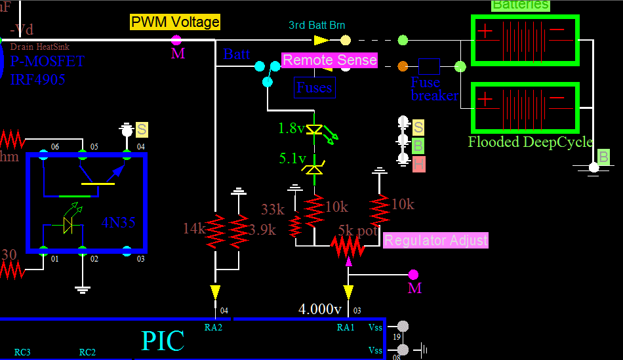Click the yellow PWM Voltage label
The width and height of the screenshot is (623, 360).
click(x=175, y=22)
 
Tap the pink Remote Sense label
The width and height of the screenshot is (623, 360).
click(x=330, y=60)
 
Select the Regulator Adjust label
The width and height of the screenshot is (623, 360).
click(x=435, y=240)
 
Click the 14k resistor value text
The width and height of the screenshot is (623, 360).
click(x=195, y=228)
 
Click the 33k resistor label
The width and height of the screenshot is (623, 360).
click(x=273, y=209)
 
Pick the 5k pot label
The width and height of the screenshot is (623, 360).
click(x=357, y=230)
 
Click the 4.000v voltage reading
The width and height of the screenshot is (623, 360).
click(x=320, y=309)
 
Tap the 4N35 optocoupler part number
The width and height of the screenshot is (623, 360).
click(x=119, y=222)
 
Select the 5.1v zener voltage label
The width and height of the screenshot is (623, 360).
click(x=292, y=158)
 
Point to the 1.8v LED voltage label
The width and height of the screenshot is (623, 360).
click(x=291, y=129)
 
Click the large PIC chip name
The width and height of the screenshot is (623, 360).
click(x=163, y=341)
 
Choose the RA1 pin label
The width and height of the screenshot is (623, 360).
click(x=346, y=327)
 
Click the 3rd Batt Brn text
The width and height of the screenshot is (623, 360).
click(x=317, y=26)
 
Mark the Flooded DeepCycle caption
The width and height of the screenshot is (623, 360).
click(x=530, y=142)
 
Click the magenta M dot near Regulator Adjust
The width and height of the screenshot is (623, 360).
click(x=412, y=274)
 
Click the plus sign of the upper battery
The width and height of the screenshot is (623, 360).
click(x=485, y=31)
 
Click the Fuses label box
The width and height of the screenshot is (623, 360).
click(x=315, y=87)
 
